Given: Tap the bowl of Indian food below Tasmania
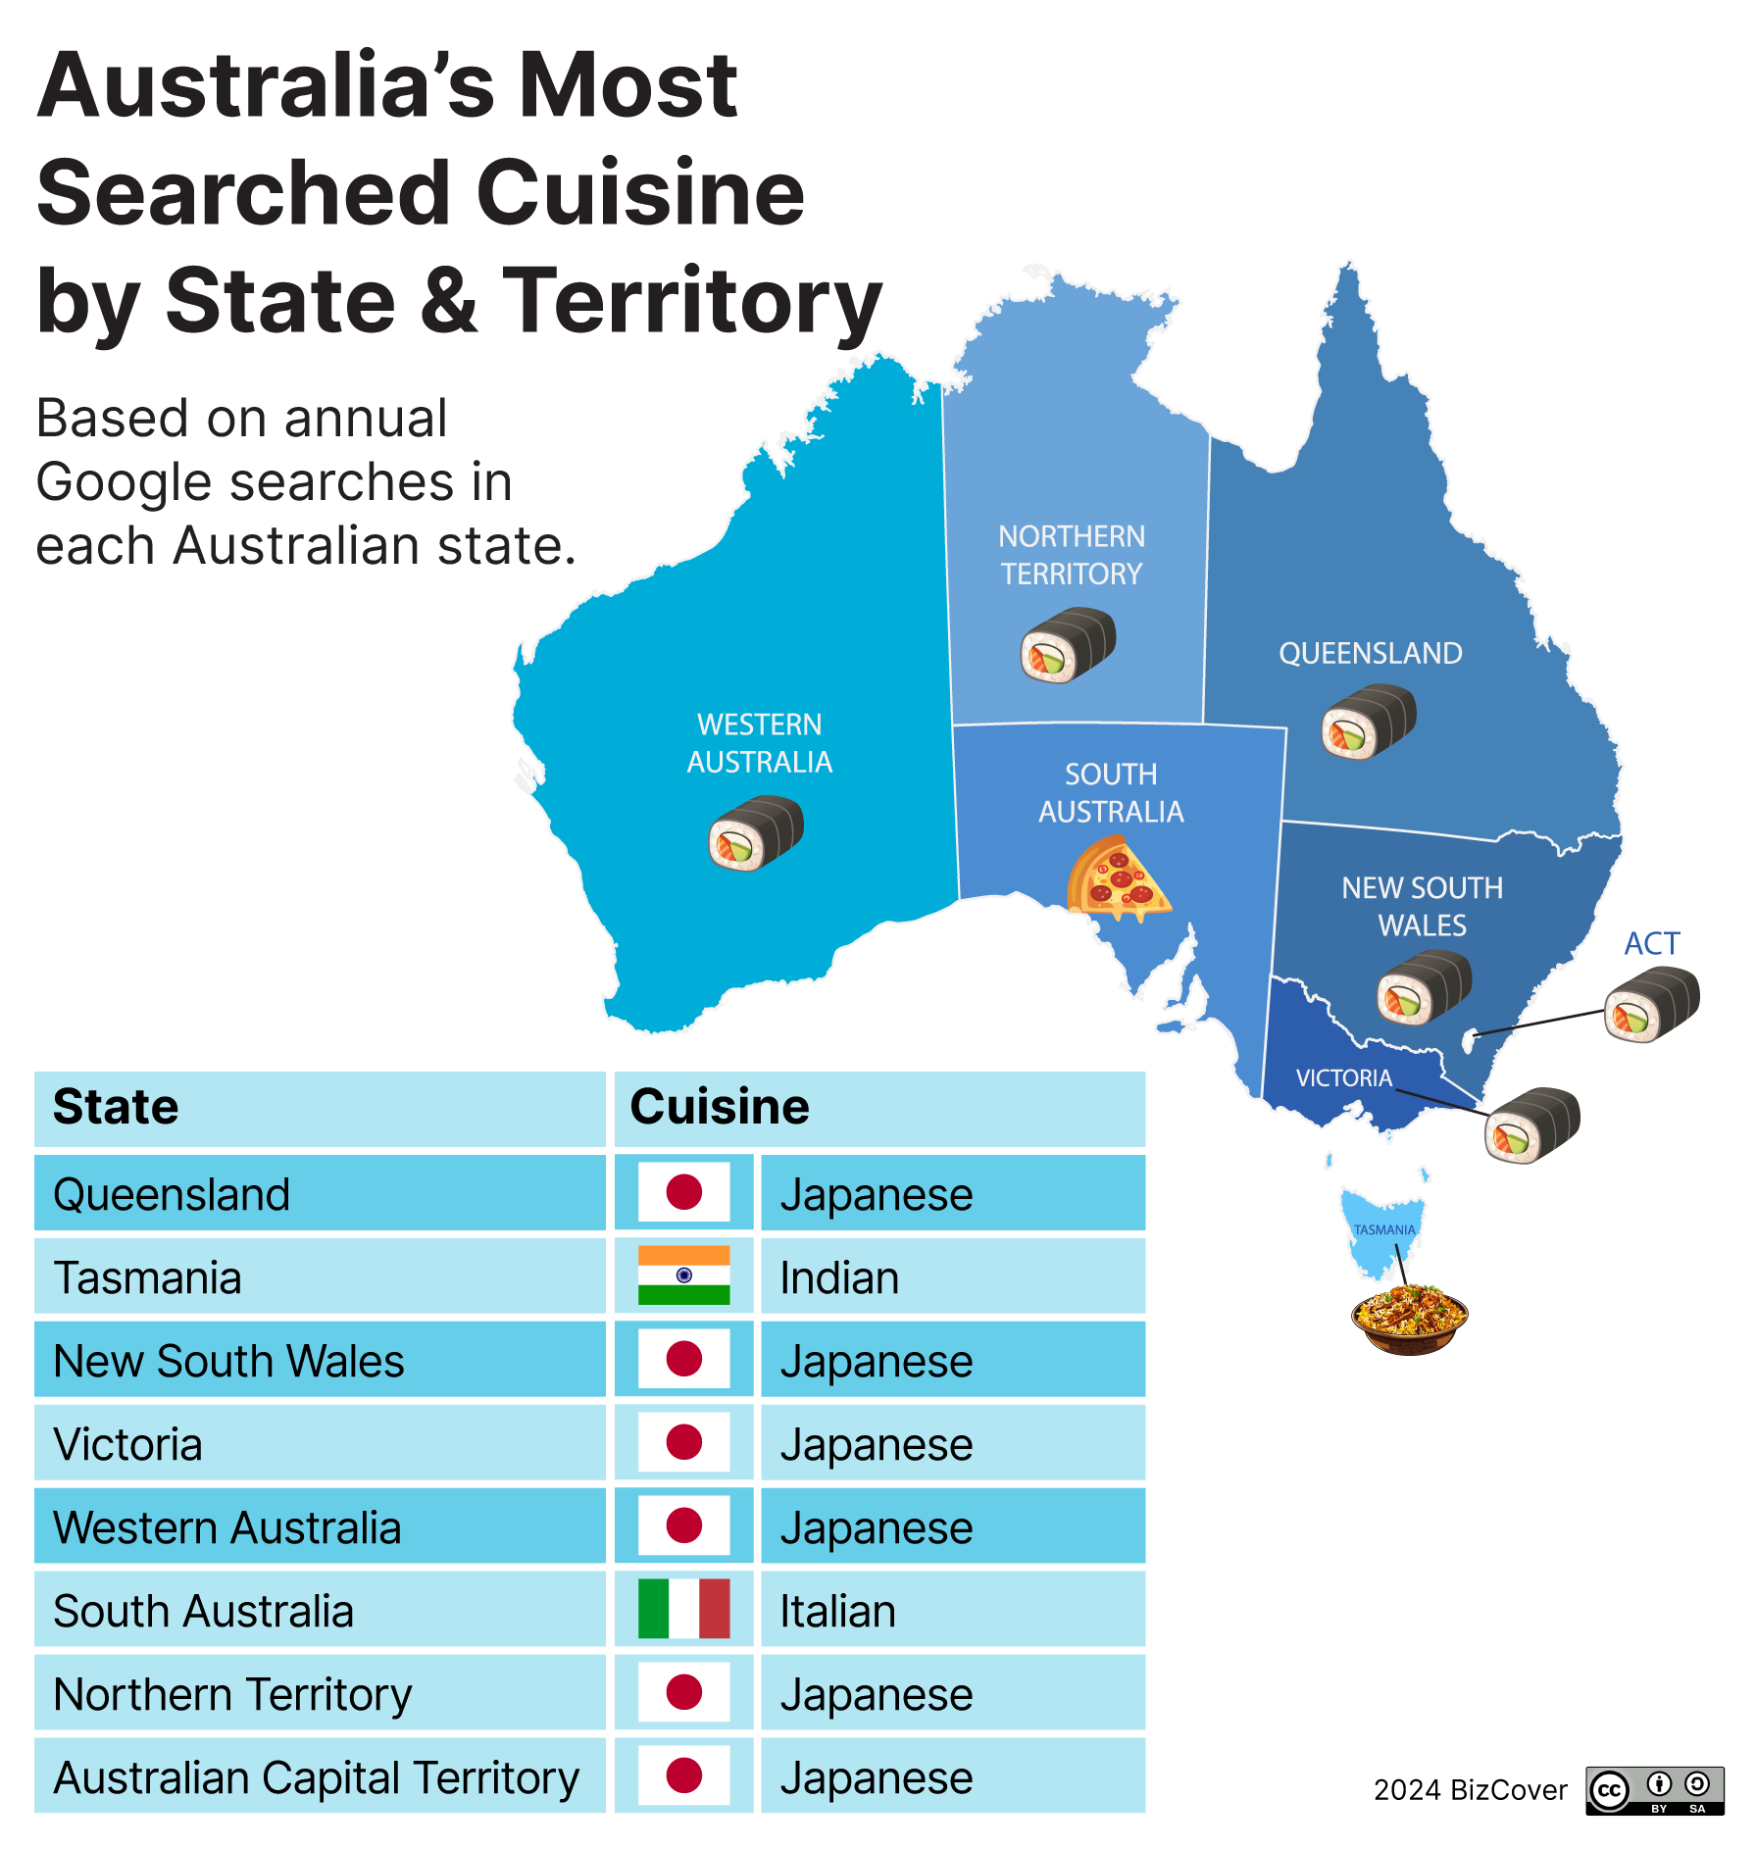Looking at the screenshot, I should [x=1409, y=1320].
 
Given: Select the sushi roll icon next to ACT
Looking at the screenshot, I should [x=1652, y=1004].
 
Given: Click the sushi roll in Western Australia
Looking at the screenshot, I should [x=756, y=833].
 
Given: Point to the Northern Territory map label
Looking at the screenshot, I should [x=1072, y=555].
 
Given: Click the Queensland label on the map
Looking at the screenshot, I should [x=1370, y=653].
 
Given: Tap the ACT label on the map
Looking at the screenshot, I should [x=1652, y=943].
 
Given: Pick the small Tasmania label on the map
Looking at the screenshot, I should [x=1383, y=1230].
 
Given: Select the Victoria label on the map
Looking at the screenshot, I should [x=1343, y=1078].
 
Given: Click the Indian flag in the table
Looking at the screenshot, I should [x=683, y=1275].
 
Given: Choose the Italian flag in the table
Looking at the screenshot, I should [x=683, y=1609].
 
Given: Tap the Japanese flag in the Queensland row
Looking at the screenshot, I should [x=683, y=1192].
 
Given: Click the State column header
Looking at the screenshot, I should [x=116, y=1108].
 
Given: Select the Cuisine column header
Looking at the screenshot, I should [x=720, y=1108].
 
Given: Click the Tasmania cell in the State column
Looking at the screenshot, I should [x=147, y=1278].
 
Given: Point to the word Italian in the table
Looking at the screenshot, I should [x=837, y=1612].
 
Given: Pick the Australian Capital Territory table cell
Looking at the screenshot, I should [x=316, y=1778].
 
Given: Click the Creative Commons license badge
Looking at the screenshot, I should [x=1654, y=1791].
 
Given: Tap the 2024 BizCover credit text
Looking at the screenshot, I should [x=1470, y=1790].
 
